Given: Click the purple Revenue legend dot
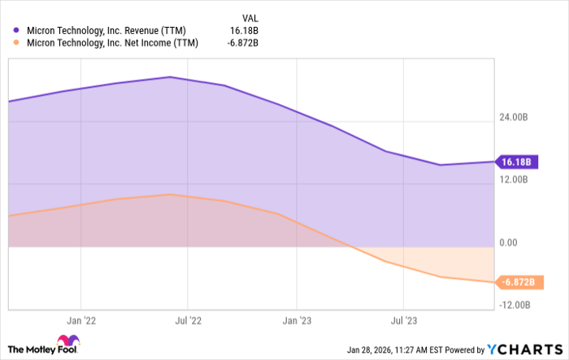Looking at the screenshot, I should click(x=16, y=32).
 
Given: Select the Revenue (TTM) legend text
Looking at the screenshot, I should click(x=110, y=32).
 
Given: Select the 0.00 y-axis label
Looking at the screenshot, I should click(x=509, y=243).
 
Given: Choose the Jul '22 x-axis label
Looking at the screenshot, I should click(x=189, y=321).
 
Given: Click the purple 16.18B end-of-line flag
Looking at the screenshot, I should click(x=515, y=162).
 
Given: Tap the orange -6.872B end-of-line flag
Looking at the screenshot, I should click(x=517, y=282).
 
